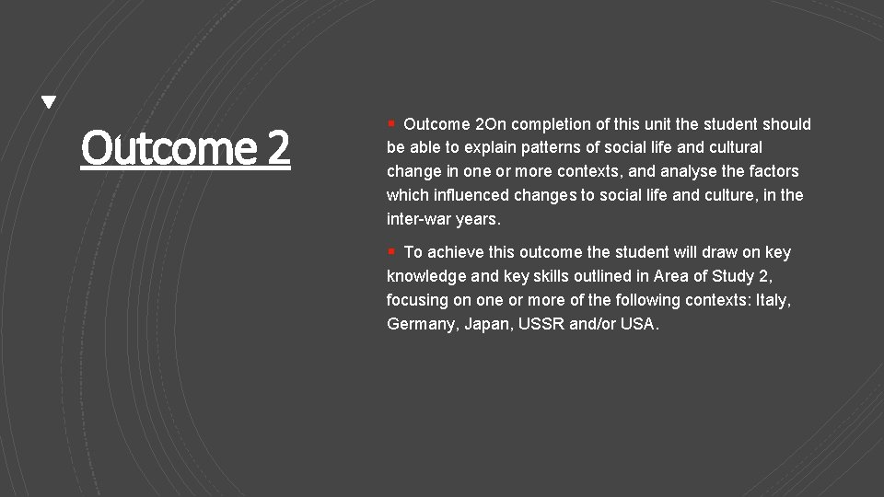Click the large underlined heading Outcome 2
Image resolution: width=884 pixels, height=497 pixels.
click(185, 147)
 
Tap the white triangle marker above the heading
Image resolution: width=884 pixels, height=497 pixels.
click(49, 102)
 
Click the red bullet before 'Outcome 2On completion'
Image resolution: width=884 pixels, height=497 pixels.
click(391, 122)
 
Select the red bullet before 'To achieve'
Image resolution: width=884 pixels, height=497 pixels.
click(391, 250)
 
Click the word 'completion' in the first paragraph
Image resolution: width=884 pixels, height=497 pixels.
click(549, 124)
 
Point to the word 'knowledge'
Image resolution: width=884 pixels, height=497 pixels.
click(426, 276)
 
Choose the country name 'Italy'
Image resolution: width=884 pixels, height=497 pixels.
click(773, 300)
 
